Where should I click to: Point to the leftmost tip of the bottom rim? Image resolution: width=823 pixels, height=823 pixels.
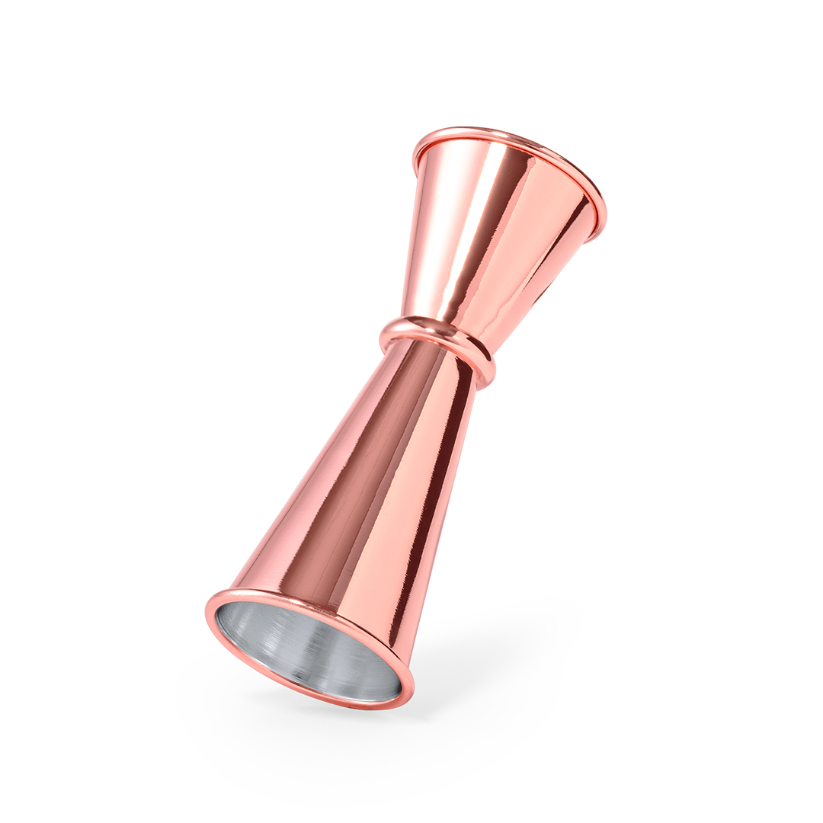pos(207,610)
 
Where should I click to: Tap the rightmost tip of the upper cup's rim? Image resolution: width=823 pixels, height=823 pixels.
pos(605,221)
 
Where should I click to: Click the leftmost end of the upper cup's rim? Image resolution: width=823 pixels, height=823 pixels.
pos(415,156)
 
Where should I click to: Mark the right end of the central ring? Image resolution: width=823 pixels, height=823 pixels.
pos(492,373)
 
